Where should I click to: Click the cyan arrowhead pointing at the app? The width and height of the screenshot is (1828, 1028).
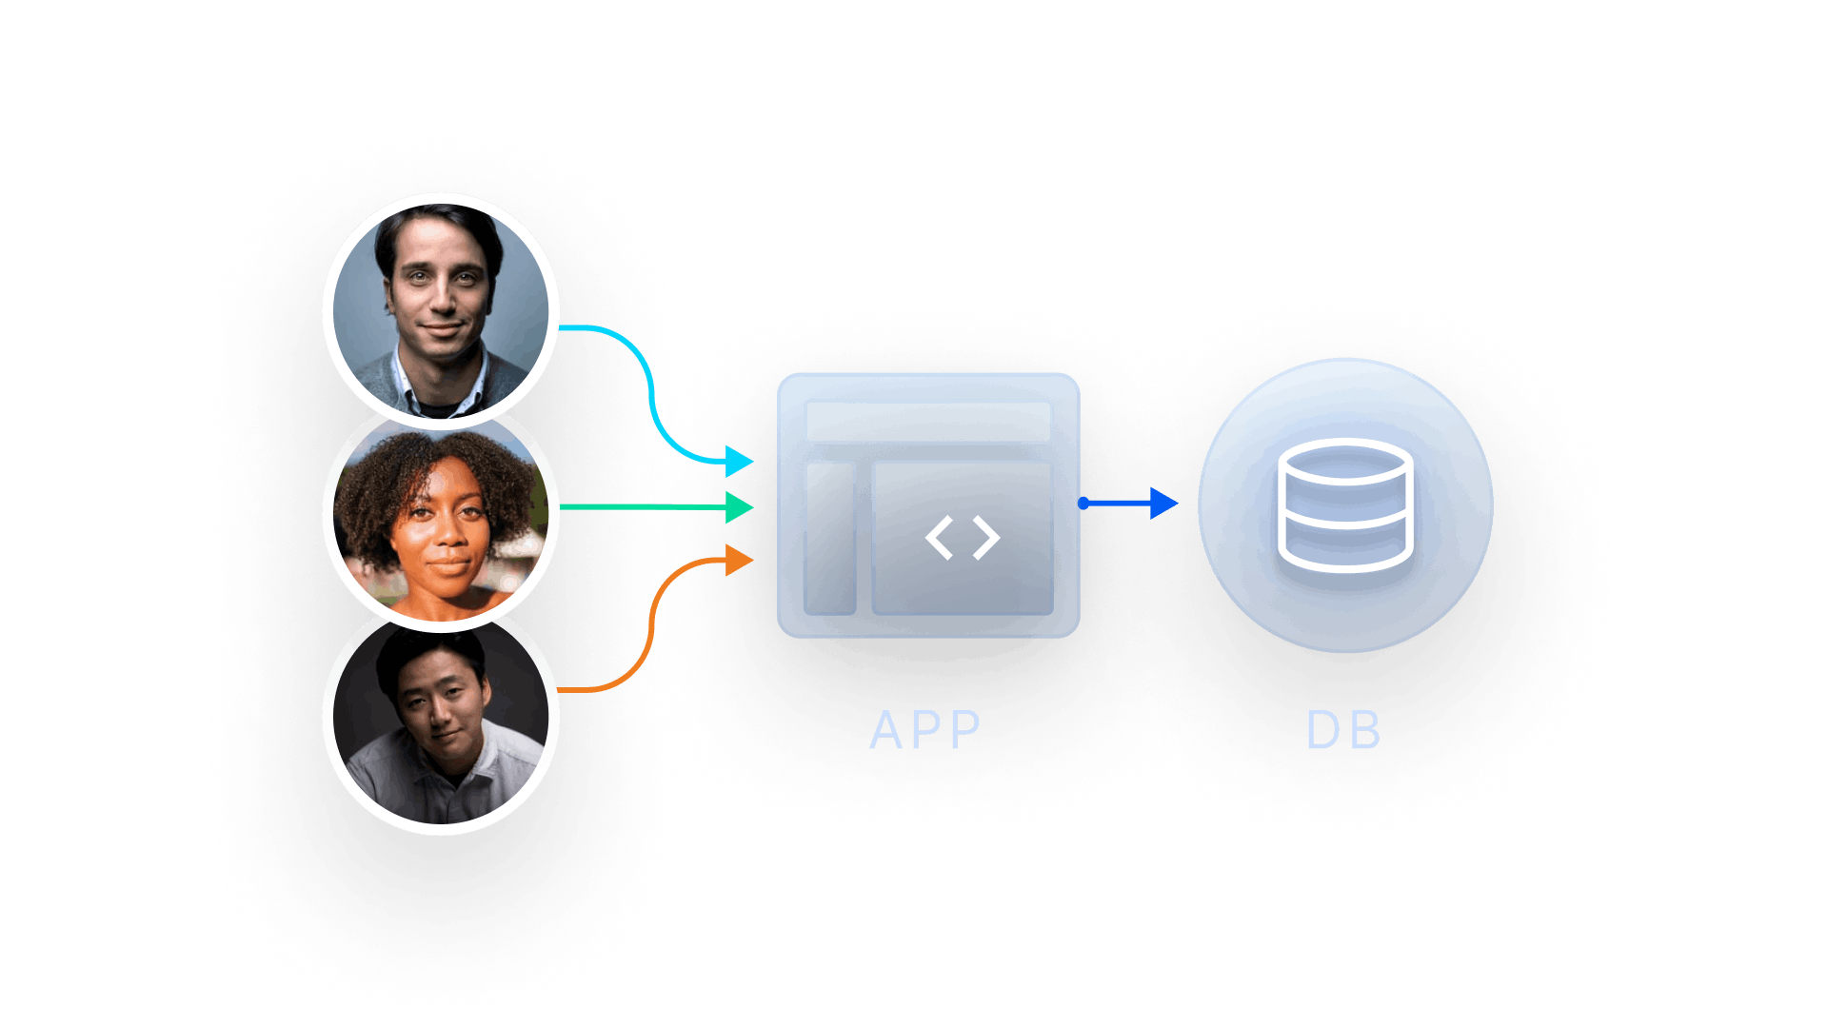coord(739,462)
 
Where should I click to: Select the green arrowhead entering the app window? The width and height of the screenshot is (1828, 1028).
coord(739,507)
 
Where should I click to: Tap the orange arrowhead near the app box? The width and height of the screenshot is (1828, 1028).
coord(739,560)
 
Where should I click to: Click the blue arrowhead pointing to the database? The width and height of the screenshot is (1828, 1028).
coord(1163,504)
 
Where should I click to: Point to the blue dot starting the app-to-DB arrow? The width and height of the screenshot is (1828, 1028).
coord(1083,504)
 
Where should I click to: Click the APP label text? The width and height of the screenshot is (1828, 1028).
coord(925,731)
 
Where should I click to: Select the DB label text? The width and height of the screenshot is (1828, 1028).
coord(1343,731)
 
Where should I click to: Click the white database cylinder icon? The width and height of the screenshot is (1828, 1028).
coord(1344,504)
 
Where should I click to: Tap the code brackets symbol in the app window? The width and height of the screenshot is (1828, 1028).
coord(963,538)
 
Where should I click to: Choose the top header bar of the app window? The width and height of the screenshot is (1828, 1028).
coord(928,422)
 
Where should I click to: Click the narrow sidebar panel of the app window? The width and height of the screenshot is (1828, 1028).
coord(830,538)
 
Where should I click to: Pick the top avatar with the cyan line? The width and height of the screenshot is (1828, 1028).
coord(441,312)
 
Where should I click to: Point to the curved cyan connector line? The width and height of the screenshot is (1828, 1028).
coord(651,393)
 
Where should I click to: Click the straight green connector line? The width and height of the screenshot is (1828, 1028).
coord(643,507)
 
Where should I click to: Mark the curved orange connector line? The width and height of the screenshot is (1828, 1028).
coord(651,628)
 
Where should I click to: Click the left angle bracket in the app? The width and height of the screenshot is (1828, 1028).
coord(939,538)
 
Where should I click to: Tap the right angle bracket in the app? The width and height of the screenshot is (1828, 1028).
coord(986,538)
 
